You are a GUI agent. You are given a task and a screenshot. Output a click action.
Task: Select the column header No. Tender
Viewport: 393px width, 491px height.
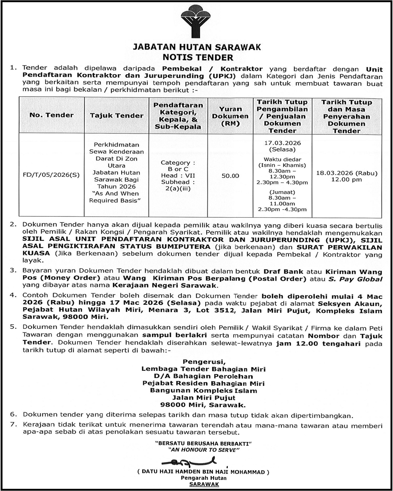pyautogui.click(x=51, y=115)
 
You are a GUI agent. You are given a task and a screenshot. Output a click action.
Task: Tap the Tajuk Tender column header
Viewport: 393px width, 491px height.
pyautogui.click(x=117, y=116)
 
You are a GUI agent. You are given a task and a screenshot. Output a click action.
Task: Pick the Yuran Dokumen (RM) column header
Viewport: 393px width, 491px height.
pyautogui.click(x=230, y=116)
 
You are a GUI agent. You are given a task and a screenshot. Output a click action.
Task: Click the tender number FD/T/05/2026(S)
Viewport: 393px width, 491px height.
pyautogui.click(x=51, y=175)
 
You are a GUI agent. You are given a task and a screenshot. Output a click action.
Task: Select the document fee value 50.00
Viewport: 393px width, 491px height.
pyautogui.click(x=230, y=176)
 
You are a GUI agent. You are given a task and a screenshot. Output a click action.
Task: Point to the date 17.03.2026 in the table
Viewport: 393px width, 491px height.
pyautogui.click(x=283, y=143)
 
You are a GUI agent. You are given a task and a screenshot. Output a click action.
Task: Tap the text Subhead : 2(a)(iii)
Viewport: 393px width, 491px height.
pyautogui.click(x=178, y=185)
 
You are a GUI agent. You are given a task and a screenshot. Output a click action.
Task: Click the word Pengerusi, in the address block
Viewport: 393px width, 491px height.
pyautogui.click(x=204, y=362)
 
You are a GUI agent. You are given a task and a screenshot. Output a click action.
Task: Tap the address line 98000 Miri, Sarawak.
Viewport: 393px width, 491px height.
pyautogui.click(x=203, y=405)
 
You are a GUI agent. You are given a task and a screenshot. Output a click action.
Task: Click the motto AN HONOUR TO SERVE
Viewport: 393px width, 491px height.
pyautogui.click(x=203, y=450)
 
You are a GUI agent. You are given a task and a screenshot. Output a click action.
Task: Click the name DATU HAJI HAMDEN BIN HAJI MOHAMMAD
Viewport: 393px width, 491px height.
pyautogui.click(x=203, y=472)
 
